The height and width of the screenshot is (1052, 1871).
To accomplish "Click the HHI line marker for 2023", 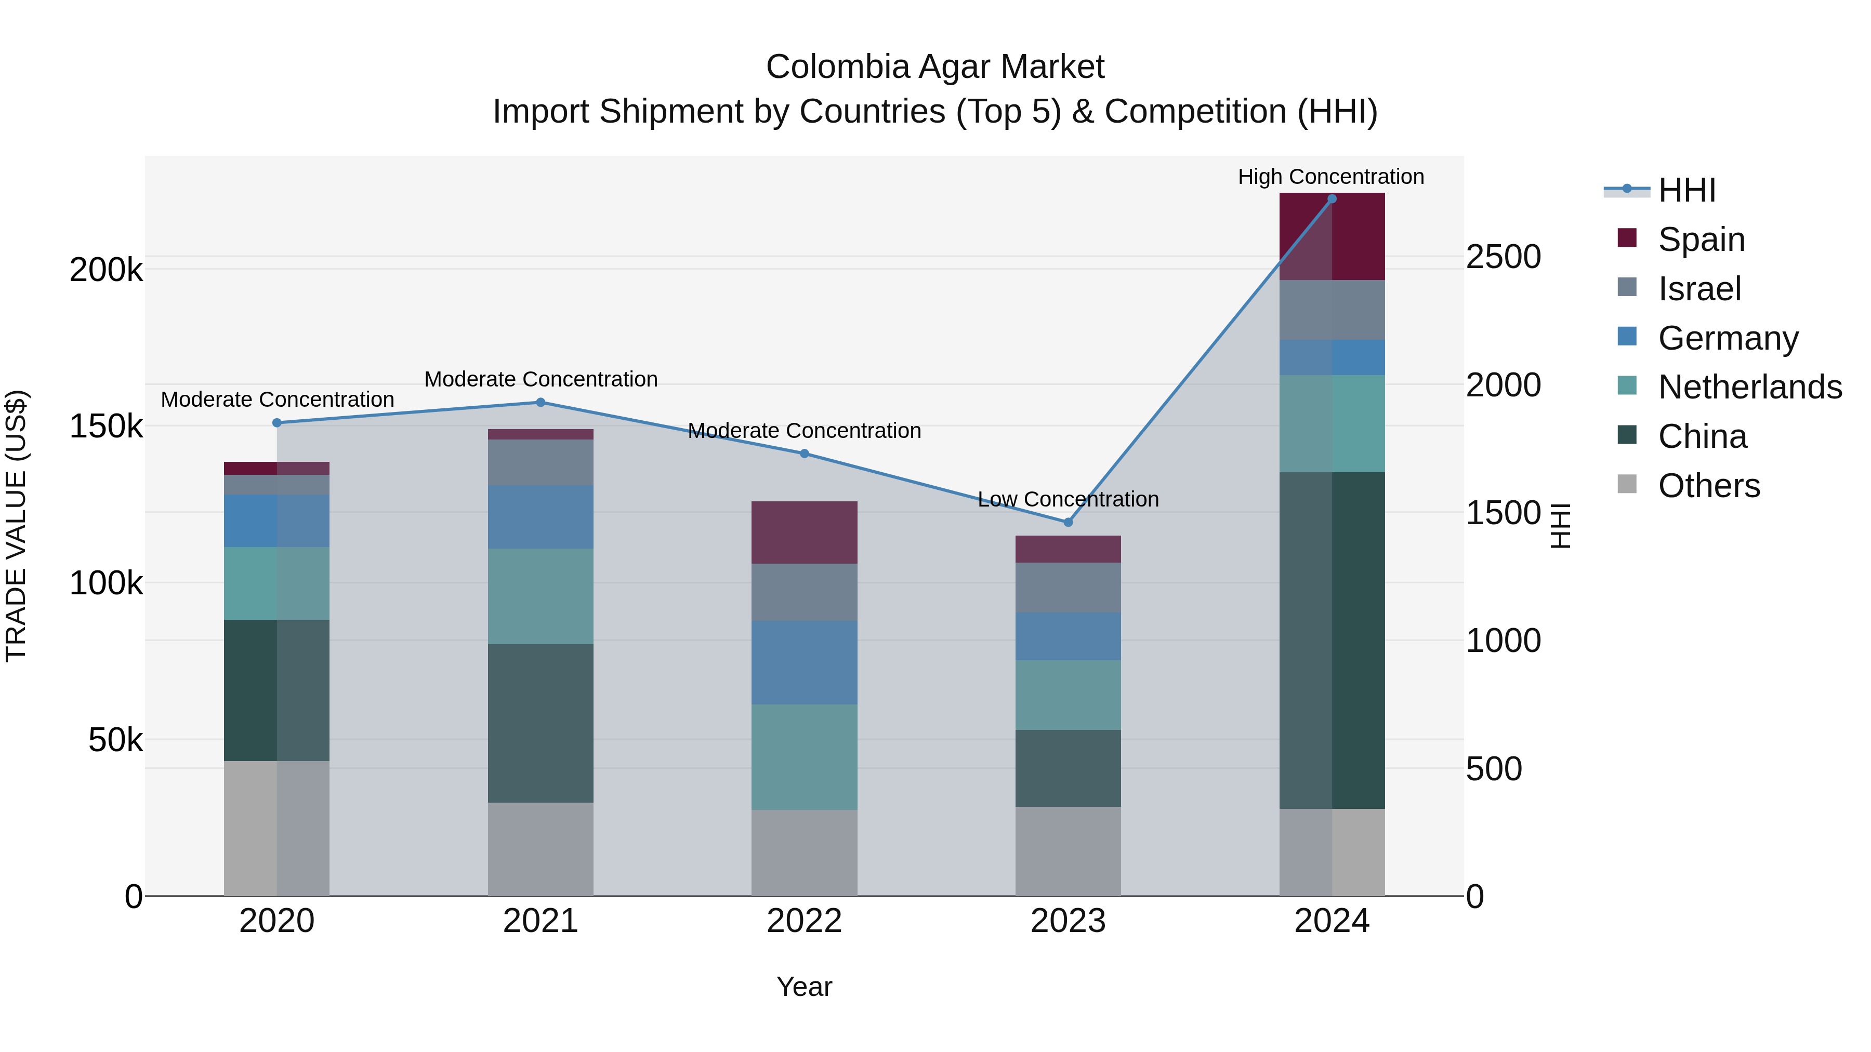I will (1068, 522).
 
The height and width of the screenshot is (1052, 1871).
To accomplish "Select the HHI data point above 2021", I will (541, 402).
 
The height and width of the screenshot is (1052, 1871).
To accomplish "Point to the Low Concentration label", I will (1068, 499).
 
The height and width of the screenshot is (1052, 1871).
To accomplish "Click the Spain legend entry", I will (1701, 239).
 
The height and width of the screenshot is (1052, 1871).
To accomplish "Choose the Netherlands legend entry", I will (1749, 387).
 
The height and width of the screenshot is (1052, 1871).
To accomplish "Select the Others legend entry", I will (1708, 486).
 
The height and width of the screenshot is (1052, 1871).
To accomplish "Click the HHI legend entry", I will (1686, 190).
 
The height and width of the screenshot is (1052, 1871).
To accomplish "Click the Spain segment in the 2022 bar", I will (804, 532).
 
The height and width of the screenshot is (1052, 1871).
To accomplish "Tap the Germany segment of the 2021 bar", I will (541, 516).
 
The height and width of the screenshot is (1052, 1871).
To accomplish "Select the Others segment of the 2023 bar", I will (1068, 851).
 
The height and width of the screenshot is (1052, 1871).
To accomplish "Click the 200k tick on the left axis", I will (106, 270).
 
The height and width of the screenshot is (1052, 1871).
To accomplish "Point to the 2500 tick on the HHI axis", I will (1503, 257).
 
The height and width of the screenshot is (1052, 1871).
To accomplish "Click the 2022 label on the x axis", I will (804, 921).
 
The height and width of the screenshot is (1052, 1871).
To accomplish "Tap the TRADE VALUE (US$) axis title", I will (16, 526).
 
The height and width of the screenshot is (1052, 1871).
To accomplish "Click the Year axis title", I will (804, 987).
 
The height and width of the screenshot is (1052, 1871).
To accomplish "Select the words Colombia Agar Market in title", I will (935, 67).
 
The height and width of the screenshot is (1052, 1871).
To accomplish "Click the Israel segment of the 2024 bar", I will (1332, 310).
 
